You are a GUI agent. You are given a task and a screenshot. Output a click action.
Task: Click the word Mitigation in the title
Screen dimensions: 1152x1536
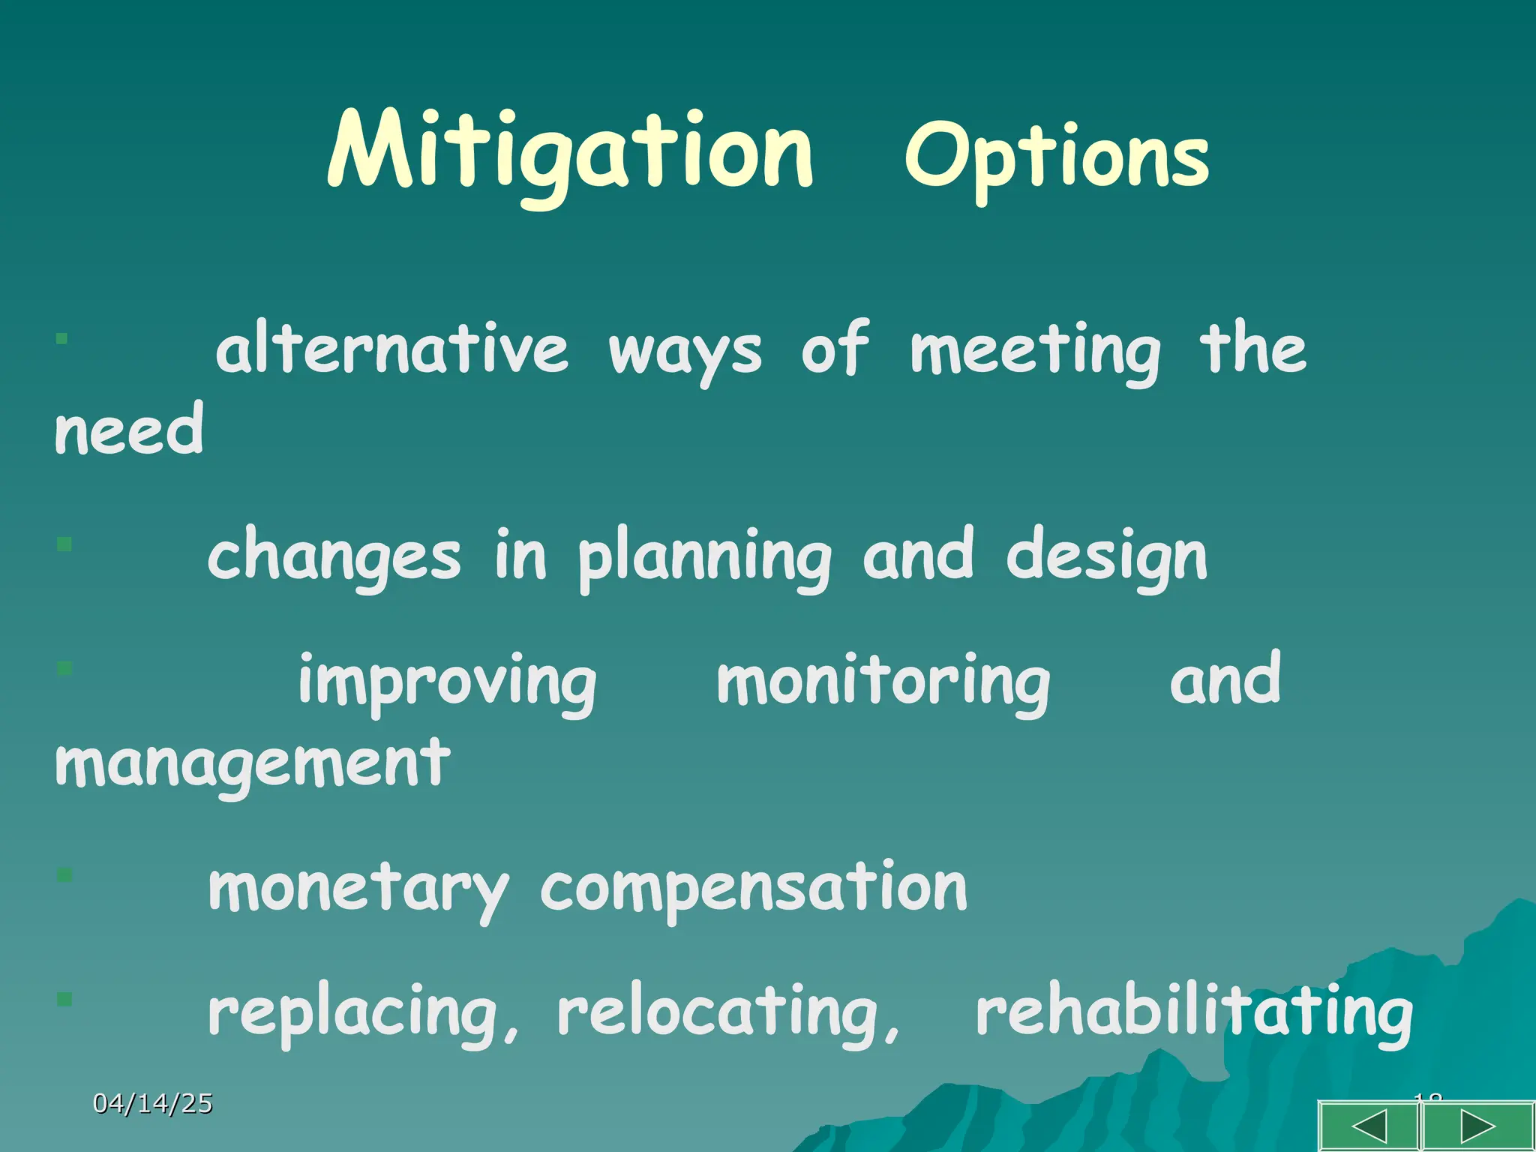570,154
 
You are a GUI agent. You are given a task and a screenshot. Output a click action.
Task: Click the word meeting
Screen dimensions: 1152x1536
1035,350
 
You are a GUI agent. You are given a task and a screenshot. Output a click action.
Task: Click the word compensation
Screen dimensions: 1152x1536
754,889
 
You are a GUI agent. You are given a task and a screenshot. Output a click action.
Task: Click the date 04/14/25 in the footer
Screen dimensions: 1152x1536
153,1103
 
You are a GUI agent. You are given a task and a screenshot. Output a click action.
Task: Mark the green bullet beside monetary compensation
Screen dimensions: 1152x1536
64,874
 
